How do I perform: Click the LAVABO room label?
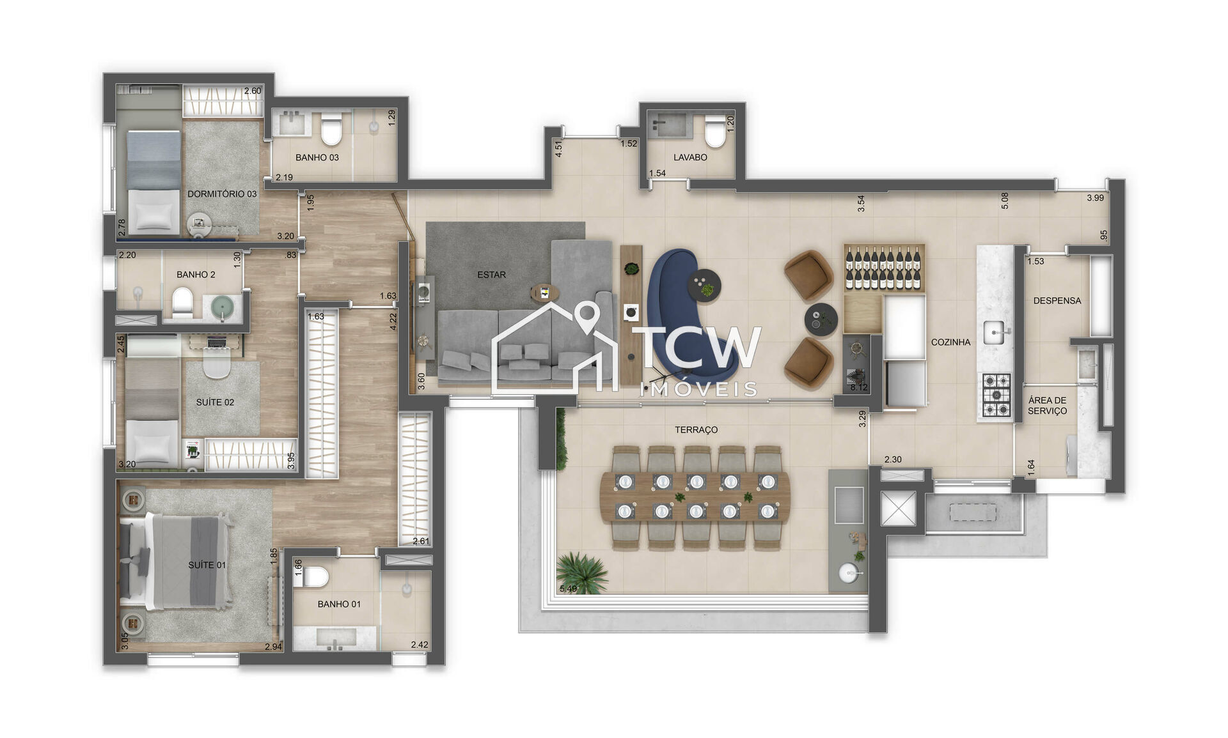point(690,157)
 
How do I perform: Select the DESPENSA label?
point(1057,300)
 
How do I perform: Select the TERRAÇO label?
point(696,430)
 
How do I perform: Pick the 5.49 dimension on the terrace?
point(568,588)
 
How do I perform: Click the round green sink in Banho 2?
point(223,307)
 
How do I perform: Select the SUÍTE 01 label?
point(207,565)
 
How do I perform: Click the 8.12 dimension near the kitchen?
point(858,387)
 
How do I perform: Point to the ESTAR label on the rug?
point(491,275)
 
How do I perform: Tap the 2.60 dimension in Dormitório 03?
point(253,91)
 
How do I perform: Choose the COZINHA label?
point(950,342)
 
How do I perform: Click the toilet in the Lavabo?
point(714,134)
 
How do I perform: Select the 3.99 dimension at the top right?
point(1095,198)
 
